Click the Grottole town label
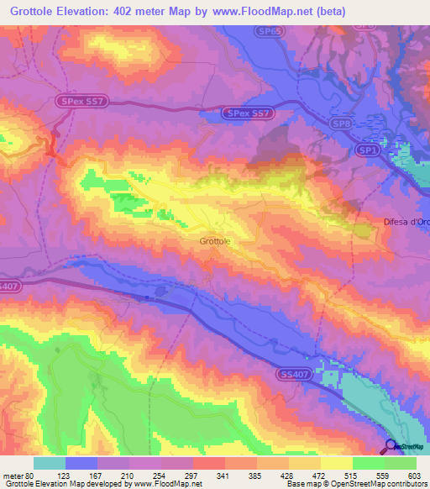[x=215, y=241]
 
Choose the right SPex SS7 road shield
[x=249, y=112]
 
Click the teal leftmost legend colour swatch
[x=50, y=463]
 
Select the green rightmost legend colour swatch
[x=401, y=463]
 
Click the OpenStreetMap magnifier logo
[x=391, y=446]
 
